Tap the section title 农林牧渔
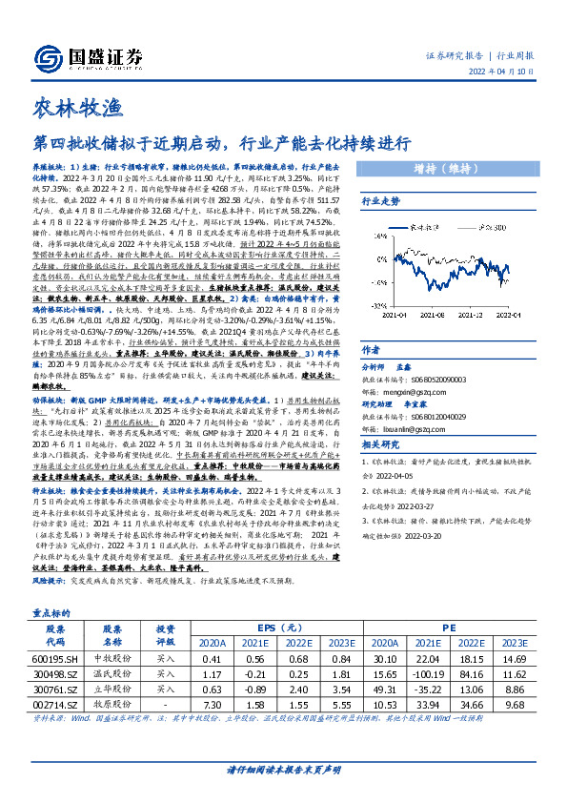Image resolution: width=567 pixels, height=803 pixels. point(71,106)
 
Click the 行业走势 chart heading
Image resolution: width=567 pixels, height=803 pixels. point(377,202)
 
